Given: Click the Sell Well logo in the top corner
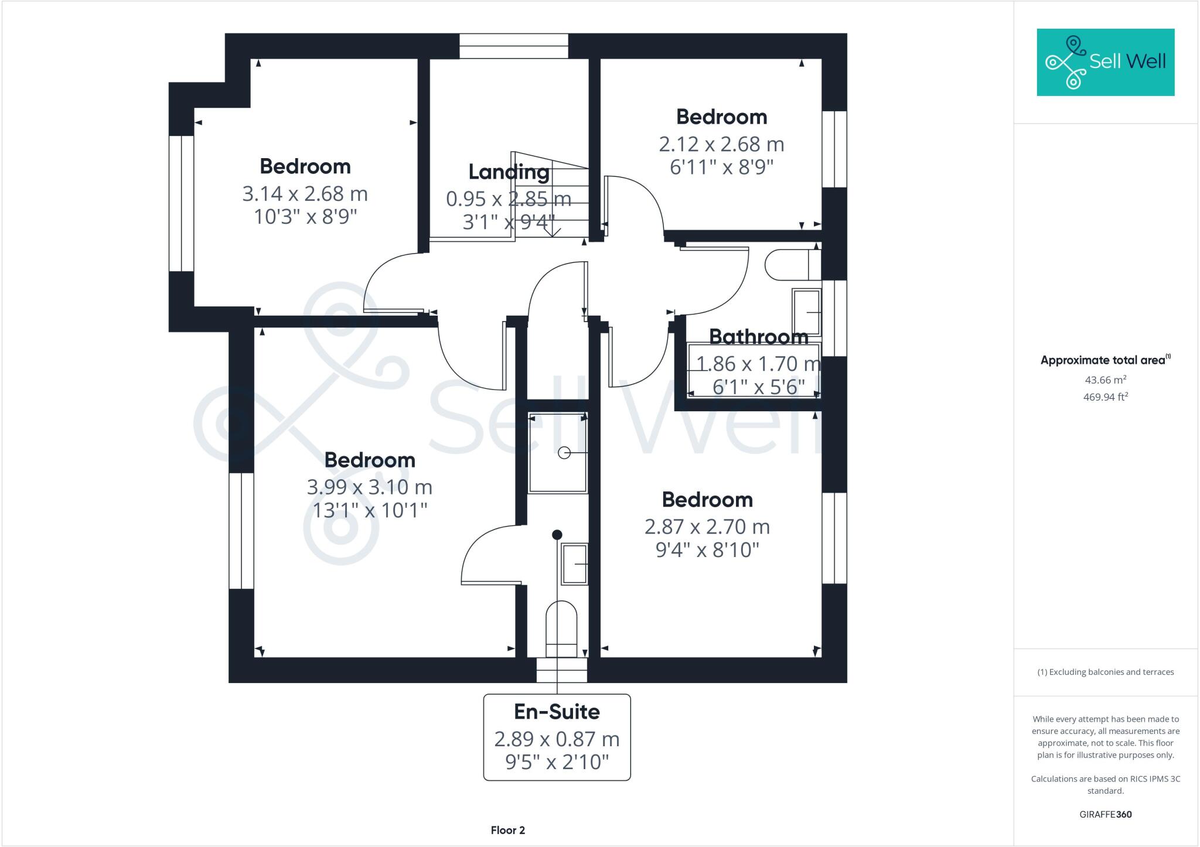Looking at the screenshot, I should point(1105,62).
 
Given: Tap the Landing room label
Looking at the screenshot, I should point(509,172).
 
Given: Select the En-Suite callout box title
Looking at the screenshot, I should point(557,712).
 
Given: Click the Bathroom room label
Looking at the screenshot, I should point(758,337).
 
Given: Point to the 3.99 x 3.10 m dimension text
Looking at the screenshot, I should point(369,487).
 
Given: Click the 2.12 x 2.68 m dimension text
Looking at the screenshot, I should point(721,144).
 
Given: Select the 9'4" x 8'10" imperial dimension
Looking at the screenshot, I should point(707,550).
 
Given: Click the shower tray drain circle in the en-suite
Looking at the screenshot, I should point(564,452).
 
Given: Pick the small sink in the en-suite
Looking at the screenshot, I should point(575,563).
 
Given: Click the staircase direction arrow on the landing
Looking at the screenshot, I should point(552,231).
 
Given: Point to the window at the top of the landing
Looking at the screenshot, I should point(513,46).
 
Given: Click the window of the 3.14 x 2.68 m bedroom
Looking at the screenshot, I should point(182,203).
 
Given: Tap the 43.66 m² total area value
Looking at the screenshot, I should point(1105,380).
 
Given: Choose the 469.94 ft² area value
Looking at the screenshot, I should point(1105,397).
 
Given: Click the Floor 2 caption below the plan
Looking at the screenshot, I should point(507,830).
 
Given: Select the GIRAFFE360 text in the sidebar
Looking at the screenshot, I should point(1105,814).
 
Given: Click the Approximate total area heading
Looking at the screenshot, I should point(1104,360).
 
